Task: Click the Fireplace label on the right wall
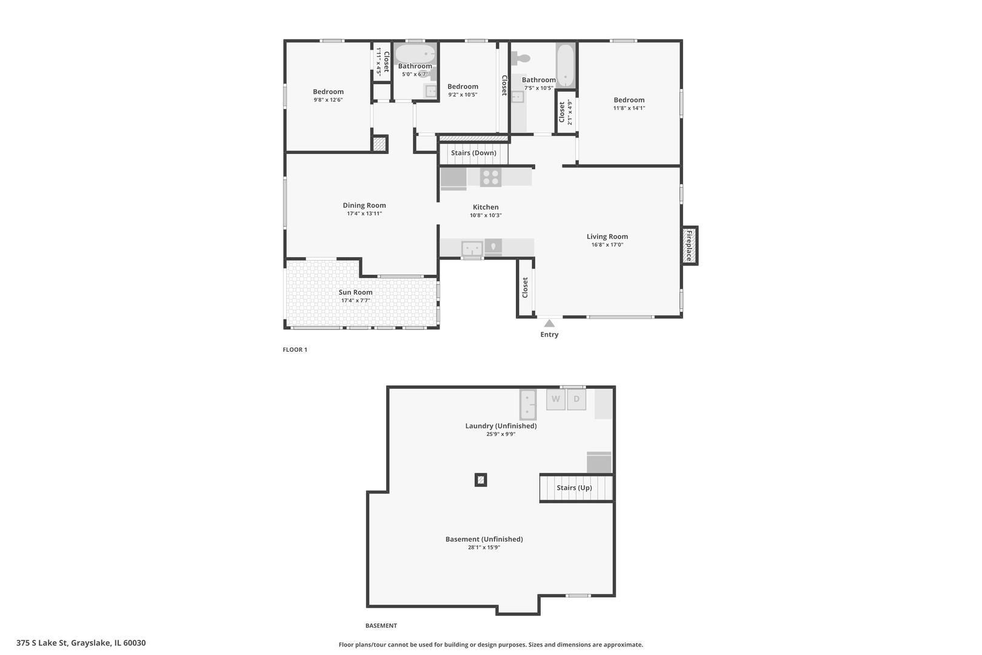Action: pyautogui.click(x=689, y=245)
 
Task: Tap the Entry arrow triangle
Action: pyautogui.click(x=549, y=324)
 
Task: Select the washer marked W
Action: pyautogui.click(x=555, y=400)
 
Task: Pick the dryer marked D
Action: pyautogui.click(x=576, y=400)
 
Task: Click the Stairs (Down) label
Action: pyautogui.click(x=473, y=153)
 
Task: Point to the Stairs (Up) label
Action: pyautogui.click(x=574, y=488)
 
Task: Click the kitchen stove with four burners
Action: pyautogui.click(x=490, y=177)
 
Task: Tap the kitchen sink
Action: pyautogui.click(x=472, y=248)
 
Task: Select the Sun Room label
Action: pyautogui.click(x=355, y=292)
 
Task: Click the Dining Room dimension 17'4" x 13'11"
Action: pyautogui.click(x=364, y=213)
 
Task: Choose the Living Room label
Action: pyautogui.click(x=607, y=237)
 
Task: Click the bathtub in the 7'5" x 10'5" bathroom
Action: pyautogui.click(x=566, y=65)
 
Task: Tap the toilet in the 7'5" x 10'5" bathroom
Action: pyautogui.click(x=521, y=59)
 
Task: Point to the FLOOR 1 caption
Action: pyautogui.click(x=295, y=350)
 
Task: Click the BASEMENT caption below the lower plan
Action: pyautogui.click(x=381, y=625)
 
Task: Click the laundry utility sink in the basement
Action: pyautogui.click(x=528, y=405)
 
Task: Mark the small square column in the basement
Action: pyautogui.click(x=481, y=480)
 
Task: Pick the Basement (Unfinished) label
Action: pyautogui.click(x=484, y=539)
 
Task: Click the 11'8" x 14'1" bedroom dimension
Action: pyautogui.click(x=629, y=108)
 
